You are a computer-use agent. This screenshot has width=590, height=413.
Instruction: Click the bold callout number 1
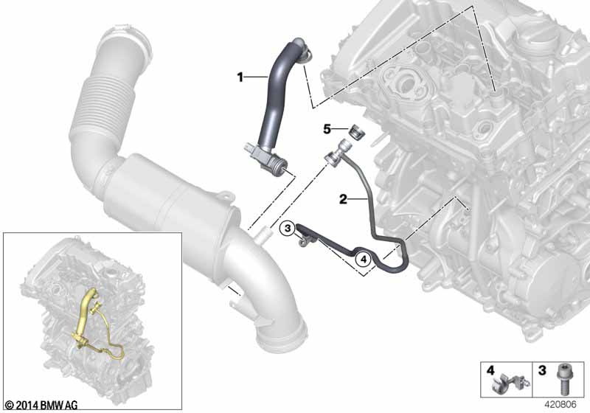coord(240,76)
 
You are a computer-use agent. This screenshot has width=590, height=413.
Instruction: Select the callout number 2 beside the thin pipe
coord(342,199)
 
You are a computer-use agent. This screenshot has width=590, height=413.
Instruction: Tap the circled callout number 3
coord(288,229)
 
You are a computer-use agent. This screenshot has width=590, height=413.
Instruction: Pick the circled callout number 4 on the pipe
coord(362,259)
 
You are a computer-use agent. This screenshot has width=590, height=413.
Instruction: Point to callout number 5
coord(327,129)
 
